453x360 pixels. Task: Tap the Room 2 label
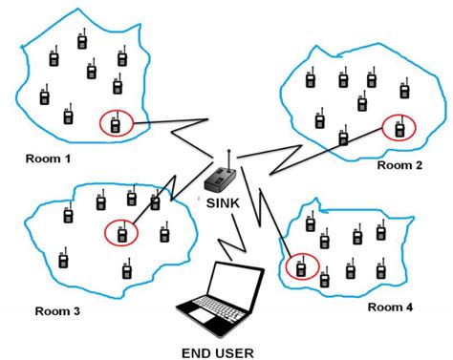pyautogui.click(x=399, y=165)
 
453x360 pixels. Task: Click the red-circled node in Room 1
pyautogui.click(x=116, y=122)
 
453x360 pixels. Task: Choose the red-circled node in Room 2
pyautogui.click(x=399, y=127)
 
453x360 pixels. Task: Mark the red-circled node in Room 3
pyautogui.click(x=121, y=232)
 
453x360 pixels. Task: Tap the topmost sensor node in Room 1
pyautogui.click(x=83, y=39)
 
